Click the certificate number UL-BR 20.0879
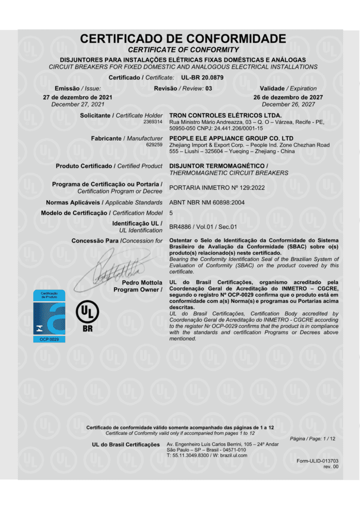click(202, 78)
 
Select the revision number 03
click(209, 88)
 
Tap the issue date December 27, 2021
click(78, 104)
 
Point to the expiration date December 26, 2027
click(288, 104)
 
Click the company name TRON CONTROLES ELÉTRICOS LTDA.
click(225, 115)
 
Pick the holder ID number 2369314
click(153, 122)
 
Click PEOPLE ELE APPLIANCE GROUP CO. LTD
click(231, 138)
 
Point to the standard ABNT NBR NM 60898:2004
click(207, 203)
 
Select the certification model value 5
click(172, 213)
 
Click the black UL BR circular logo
click(87, 317)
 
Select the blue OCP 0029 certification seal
click(49, 316)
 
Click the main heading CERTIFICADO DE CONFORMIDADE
click(183, 39)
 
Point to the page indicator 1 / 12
click(328, 438)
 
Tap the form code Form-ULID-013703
click(317, 461)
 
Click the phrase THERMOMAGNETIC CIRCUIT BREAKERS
click(229, 173)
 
